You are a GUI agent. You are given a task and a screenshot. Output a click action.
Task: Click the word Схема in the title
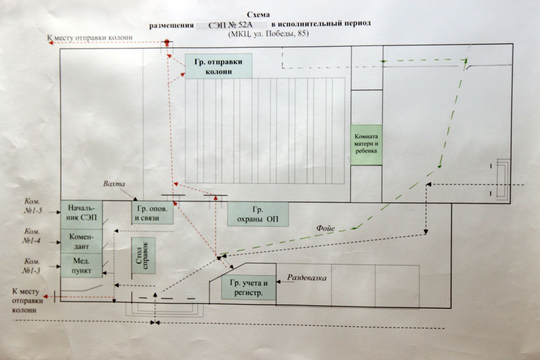(x=258, y=15)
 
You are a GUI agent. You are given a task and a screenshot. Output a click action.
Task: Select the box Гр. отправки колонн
(x=218, y=66)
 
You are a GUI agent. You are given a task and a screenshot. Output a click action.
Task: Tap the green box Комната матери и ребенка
(x=366, y=145)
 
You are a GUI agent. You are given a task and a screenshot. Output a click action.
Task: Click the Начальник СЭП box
(x=81, y=215)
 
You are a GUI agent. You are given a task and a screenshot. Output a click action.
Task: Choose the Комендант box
(x=81, y=242)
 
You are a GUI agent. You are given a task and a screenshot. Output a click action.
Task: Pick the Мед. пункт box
(x=81, y=266)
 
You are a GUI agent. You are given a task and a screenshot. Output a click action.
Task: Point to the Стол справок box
(x=143, y=255)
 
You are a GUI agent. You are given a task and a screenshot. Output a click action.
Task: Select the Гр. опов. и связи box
(x=152, y=213)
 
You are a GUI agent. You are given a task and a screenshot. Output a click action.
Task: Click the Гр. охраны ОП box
(x=258, y=214)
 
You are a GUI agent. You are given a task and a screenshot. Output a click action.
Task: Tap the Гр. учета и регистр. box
(x=249, y=288)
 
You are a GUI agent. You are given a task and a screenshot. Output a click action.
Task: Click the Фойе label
(x=325, y=228)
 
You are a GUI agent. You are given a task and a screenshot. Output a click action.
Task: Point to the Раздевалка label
(x=307, y=277)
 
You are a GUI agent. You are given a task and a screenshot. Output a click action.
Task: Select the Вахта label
(x=114, y=184)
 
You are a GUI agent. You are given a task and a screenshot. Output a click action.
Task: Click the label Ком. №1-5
(x=33, y=206)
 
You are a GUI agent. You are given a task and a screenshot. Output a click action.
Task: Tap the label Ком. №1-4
(x=32, y=236)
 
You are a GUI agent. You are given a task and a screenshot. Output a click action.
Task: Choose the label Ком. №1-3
(x=32, y=266)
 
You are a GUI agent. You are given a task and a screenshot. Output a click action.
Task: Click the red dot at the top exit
(x=167, y=42)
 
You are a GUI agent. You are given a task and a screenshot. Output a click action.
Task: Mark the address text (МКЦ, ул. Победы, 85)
(x=268, y=34)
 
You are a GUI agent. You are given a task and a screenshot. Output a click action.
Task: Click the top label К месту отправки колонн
(x=89, y=37)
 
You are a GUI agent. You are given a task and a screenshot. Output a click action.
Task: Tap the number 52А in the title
(x=245, y=25)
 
